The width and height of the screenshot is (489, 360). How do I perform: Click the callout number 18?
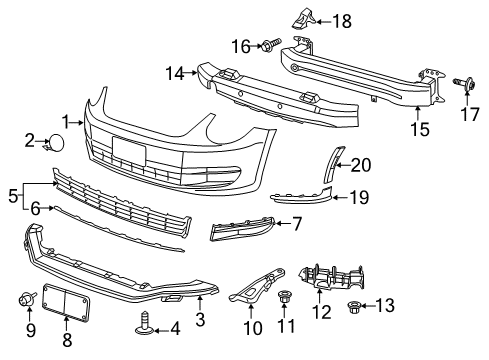[342, 22]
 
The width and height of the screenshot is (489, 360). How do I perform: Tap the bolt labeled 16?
[272, 44]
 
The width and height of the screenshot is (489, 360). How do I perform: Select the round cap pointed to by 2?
[55, 142]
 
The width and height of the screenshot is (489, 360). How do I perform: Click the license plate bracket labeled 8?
[66, 302]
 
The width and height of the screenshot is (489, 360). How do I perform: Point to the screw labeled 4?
[145, 324]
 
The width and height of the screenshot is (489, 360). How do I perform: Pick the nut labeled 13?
[353, 306]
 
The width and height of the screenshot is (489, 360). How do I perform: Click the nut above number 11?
[283, 296]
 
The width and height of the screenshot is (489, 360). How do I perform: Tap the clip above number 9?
[27, 299]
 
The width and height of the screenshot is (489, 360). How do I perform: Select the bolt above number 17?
[464, 83]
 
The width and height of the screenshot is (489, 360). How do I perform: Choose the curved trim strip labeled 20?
[334, 163]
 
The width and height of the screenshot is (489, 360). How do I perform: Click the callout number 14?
[175, 73]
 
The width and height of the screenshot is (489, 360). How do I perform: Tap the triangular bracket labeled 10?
[258, 285]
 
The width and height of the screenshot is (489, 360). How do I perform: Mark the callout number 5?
[13, 196]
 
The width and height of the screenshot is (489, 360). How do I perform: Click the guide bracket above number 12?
[331, 278]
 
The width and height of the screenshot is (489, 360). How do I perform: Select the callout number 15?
[420, 129]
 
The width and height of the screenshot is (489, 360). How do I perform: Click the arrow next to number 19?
[340, 198]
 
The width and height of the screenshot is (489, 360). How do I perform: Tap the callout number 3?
[200, 319]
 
